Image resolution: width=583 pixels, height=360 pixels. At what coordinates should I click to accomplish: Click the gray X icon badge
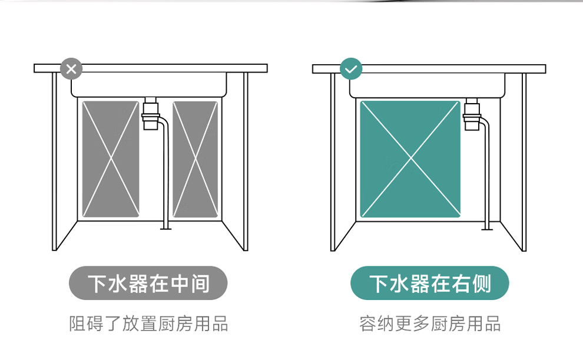pos(71,69)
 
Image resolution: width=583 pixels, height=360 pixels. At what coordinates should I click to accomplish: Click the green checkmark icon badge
pos(351,69)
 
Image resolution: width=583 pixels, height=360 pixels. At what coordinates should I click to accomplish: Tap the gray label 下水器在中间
pos(148,283)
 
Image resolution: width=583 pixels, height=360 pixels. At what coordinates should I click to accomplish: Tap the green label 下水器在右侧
pos(430,283)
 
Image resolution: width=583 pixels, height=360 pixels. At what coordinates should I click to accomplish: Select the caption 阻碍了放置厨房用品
pos(148,323)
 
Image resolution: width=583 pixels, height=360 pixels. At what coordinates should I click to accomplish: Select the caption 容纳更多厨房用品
pos(430,323)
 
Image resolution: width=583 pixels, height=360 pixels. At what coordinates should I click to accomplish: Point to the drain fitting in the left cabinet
pos(151,114)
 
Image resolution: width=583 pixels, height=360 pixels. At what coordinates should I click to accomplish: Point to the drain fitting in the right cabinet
pos(472,114)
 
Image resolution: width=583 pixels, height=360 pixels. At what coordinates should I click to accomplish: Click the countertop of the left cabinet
pos(151,68)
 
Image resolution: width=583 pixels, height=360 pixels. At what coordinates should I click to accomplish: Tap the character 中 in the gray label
pos(179,284)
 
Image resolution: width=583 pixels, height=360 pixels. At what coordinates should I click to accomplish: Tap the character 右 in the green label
pos(461,284)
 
